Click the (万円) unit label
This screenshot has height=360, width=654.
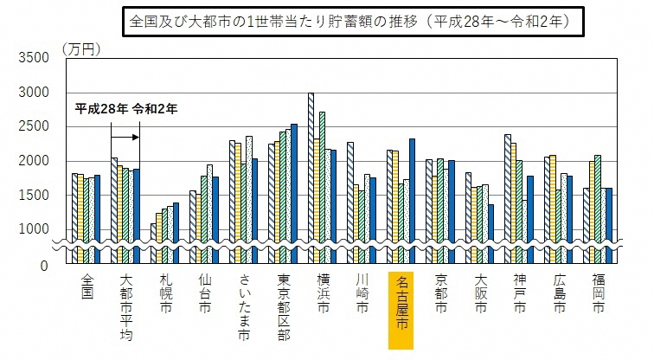pyautogui.click(x=82, y=48)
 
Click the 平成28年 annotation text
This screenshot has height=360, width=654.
pyautogui.click(x=101, y=109)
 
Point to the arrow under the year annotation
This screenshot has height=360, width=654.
pyautogui.click(x=125, y=137)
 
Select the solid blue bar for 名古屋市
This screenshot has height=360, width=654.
pyautogui.click(x=413, y=199)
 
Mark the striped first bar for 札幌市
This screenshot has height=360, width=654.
pyautogui.click(x=154, y=242)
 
